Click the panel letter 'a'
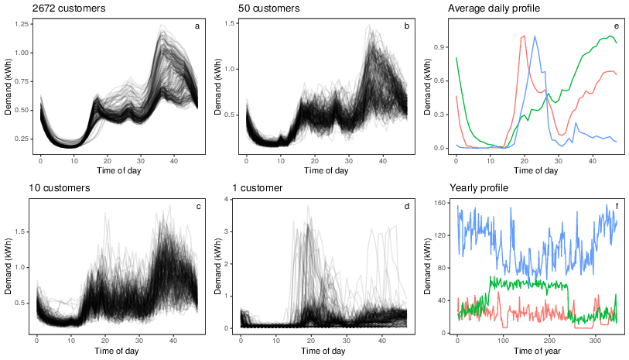tap(197, 26)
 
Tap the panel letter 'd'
tap(406, 205)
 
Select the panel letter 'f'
tap(617, 205)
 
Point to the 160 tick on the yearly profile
tap(439, 204)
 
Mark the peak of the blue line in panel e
tap(534, 36)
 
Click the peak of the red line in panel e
tap(524, 36)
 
